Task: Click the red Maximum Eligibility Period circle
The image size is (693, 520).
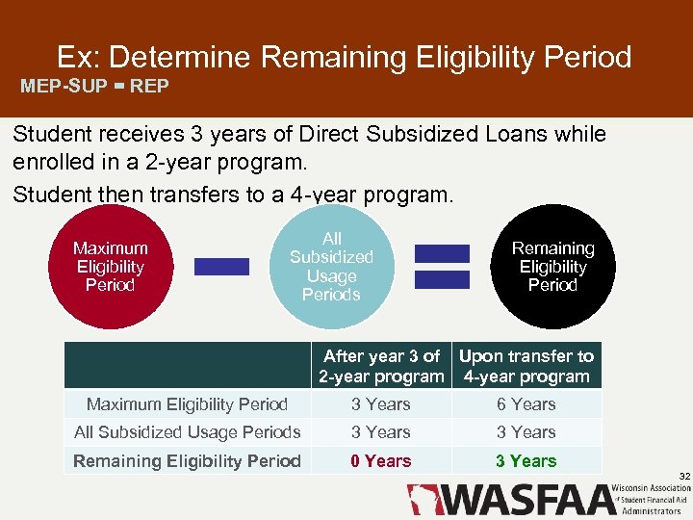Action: (110, 267)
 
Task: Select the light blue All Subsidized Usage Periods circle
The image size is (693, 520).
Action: (331, 267)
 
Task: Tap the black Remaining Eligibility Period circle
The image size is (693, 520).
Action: (552, 267)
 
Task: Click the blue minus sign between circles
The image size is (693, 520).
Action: (221, 267)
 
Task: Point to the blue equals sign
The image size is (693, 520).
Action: (442, 267)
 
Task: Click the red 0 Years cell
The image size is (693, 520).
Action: (380, 461)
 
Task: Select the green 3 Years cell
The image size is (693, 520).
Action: (526, 461)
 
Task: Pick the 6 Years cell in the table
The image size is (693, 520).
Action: (526, 404)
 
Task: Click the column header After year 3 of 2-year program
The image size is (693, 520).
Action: (381, 366)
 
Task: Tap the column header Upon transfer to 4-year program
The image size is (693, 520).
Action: (526, 366)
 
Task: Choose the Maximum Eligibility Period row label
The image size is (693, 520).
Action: (187, 404)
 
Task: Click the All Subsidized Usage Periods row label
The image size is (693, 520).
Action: (187, 432)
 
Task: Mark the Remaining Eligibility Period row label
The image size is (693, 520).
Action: (187, 461)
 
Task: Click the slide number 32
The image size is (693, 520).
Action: (684, 477)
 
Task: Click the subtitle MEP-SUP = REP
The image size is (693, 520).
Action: (95, 86)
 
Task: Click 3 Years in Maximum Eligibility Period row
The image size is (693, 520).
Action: (380, 404)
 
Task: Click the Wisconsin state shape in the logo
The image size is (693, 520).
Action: (421, 500)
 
